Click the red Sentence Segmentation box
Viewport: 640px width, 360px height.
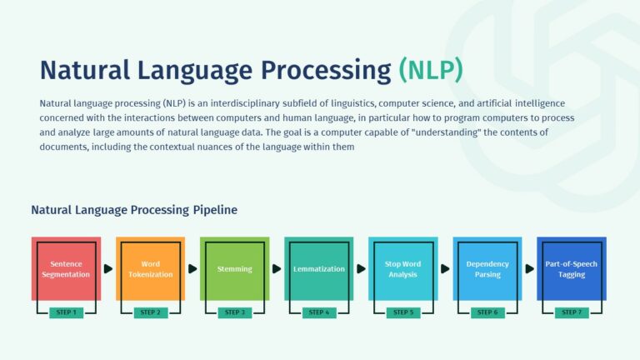click(x=66, y=268)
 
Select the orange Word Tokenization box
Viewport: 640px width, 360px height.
click(x=150, y=268)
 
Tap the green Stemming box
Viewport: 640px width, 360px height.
click(x=235, y=268)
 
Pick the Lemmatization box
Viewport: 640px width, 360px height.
click(x=319, y=268)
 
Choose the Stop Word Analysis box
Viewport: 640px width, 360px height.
click(x=402, y=268)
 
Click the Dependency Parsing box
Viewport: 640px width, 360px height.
click(x=487, y=268)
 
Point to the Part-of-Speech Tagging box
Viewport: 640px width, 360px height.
click(x=572, y=268)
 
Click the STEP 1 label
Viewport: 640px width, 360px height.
click(x=66, y=312)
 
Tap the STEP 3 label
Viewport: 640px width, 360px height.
click(x=235, y=312)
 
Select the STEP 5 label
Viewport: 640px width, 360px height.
click(x=403, y=312)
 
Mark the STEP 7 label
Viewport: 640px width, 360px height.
click(x=572, y=312)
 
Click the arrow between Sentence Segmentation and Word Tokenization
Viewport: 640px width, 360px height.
click(x=108, y=269)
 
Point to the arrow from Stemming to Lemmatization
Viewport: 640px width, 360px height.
click(x=277, y=269)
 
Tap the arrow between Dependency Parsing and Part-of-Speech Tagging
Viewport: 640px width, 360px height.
click(x=529, y=269)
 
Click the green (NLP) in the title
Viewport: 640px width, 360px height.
click(x=431, y=70)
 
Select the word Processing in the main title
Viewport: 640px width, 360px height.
click(x=326, y=70)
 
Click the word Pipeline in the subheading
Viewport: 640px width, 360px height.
click(x=215, y=210)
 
